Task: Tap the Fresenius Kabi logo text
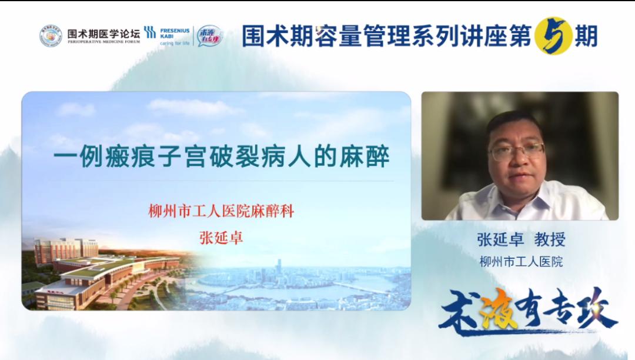174,32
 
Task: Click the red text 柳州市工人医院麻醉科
221,211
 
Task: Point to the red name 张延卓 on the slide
221,238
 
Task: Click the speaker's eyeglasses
516,151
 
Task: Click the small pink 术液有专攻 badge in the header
210,36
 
